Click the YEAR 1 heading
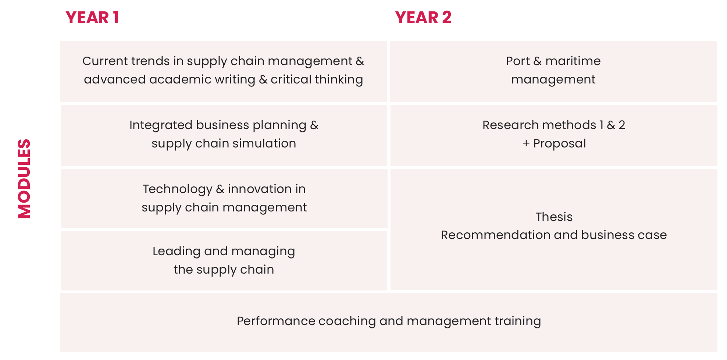tap(92, 17)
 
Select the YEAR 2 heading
tap(423, 17)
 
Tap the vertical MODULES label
tap(24, 179)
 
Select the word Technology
tap(177, 189)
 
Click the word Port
tap(518, 61)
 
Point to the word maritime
tap(573, 61)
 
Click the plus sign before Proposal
tap(526, 143)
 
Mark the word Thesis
tap(554, 217)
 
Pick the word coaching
tap(347, 321)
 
